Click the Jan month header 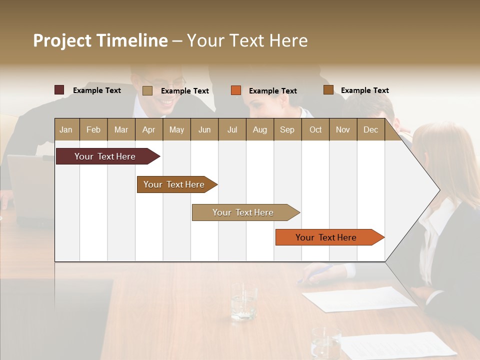(x=66, y=129)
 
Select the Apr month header (x=148, y=129)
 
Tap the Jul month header (x=232, y=129)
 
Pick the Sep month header (x=287, y=129)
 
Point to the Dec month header (x=370, y=129)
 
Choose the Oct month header (x=315, y=129)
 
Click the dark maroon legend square (x=59, y=90)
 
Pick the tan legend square (x=147, y=90)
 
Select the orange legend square (x=236, y=90)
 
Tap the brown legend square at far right (x=328, y=90)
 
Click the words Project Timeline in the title (x=100, y=40)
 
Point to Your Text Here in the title (x=247, y=40)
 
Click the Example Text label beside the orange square (x=272, y=91)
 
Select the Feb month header (x=93, y=129)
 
